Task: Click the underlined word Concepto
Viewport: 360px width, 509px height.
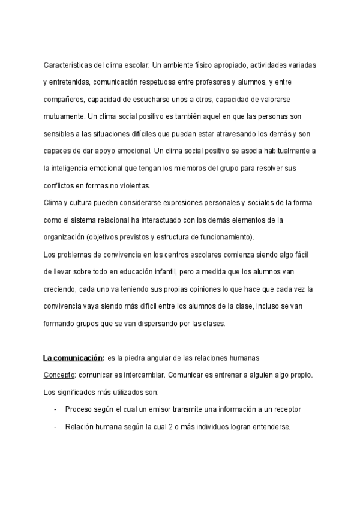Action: tap(58, 375)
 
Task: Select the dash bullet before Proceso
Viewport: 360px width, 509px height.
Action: tap(55, 409)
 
